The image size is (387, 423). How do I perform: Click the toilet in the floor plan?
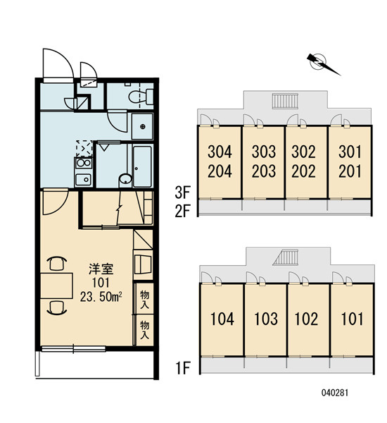(141, 97)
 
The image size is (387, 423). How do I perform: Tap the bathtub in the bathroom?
(142, 166)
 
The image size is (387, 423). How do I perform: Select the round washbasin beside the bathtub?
(125, 179)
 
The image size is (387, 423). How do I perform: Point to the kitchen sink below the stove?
(83, 179)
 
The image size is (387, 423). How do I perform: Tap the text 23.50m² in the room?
(101, 297)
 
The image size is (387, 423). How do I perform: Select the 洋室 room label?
(101, 269)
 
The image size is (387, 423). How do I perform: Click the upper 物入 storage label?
(145, 300)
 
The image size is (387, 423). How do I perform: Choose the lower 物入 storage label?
(145, 330)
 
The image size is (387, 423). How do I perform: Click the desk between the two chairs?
(56, 286)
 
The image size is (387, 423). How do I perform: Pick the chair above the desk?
(56, 263)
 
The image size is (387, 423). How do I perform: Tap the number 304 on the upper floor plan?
(220, 152)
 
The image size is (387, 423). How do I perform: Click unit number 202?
(303, 171)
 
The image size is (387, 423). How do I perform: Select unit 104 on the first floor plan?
(222, 319)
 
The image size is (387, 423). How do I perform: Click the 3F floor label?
(182, 193)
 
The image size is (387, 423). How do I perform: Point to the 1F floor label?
(183, 368)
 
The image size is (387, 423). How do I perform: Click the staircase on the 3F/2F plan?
(285, 101)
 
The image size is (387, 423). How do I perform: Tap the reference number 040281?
(335, 393)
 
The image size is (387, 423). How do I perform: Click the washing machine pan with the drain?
(142, 126)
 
